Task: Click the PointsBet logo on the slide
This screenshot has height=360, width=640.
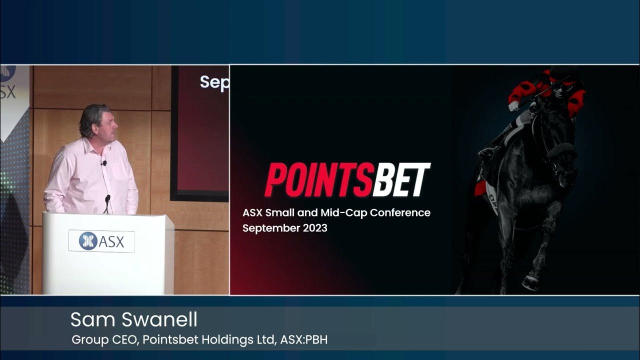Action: (x=347, y=179)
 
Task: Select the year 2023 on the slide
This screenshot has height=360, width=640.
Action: (x=313, y=228)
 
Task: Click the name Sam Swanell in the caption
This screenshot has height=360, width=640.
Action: (x=134, y=319)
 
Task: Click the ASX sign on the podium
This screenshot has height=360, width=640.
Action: (x=101, y=241)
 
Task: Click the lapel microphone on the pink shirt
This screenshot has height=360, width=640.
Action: (x=104, y=163)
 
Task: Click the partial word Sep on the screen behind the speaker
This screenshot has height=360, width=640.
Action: (x=214, y=82)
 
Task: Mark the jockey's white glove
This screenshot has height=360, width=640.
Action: (x=514, y=106)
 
